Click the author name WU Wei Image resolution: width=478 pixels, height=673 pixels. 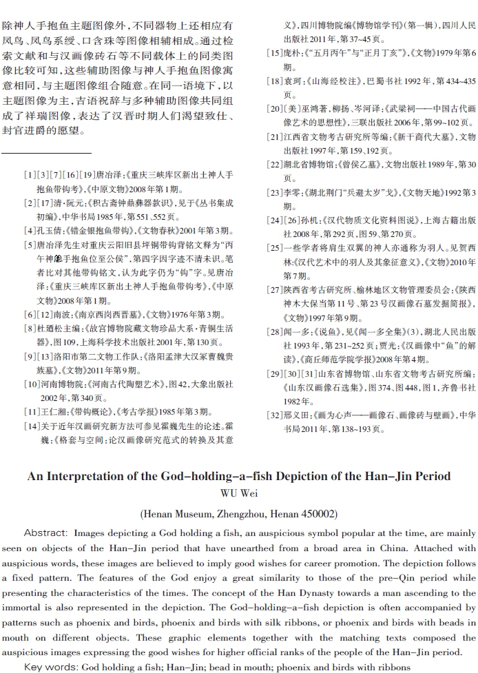pos(239,493)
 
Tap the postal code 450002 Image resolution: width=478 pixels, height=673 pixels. pos(314,514)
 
